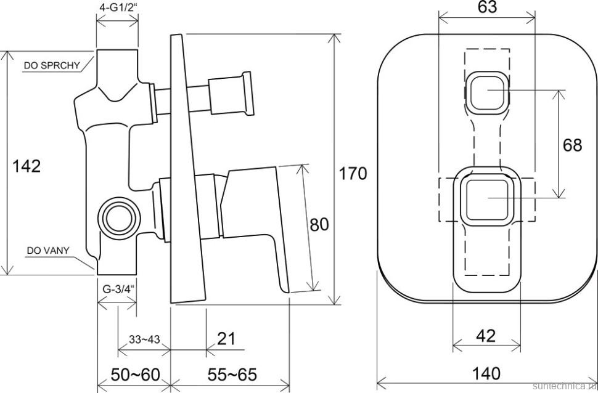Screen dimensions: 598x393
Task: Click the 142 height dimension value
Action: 27,166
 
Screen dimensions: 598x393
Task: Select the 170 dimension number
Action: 353,174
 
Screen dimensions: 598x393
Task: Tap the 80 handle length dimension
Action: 319,224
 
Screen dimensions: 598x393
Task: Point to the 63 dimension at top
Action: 487,7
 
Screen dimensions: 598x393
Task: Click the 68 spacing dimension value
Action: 572,145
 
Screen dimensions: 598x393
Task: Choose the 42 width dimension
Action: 486,336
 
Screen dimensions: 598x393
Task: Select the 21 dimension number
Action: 226,339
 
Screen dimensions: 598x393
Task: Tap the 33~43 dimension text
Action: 144,339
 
